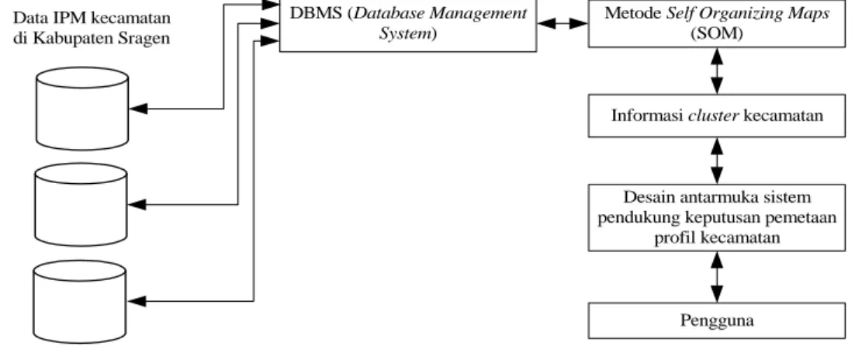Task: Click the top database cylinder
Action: coord(82,109)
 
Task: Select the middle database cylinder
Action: coord(81,205)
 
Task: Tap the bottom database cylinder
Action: coord(80,302)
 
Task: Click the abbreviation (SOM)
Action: coord(716,33)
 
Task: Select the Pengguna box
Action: coord(716,320)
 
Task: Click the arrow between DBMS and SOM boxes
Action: coord(562,23)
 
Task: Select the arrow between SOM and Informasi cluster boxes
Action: coord(717,71)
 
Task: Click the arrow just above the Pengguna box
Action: coord(717,277)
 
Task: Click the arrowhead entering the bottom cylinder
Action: coord(137,301)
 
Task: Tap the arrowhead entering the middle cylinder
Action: coord(137,205)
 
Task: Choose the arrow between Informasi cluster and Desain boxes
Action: coord(717,161)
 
